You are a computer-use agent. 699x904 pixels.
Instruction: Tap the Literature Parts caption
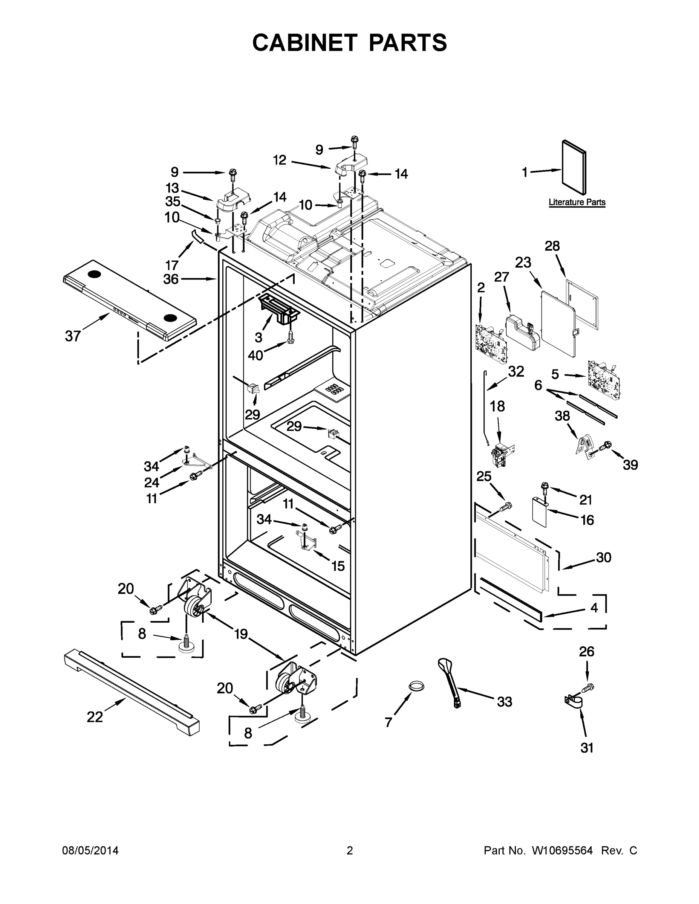[577, 202]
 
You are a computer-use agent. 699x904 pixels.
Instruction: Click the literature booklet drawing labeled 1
[574, 168]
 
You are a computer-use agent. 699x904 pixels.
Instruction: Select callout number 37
[73, 336]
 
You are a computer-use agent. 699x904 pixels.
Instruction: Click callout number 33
[505, 702]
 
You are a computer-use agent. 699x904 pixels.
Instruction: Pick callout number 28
[552, 246]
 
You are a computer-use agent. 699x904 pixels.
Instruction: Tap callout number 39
[630, 465]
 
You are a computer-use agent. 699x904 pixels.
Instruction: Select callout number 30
[603, 557]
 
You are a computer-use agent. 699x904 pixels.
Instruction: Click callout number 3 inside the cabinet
[258, 337]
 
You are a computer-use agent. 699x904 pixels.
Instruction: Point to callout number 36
[171, 279]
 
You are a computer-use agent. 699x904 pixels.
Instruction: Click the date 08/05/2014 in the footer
[90, 851]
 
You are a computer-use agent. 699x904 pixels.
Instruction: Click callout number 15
[338, 566]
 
